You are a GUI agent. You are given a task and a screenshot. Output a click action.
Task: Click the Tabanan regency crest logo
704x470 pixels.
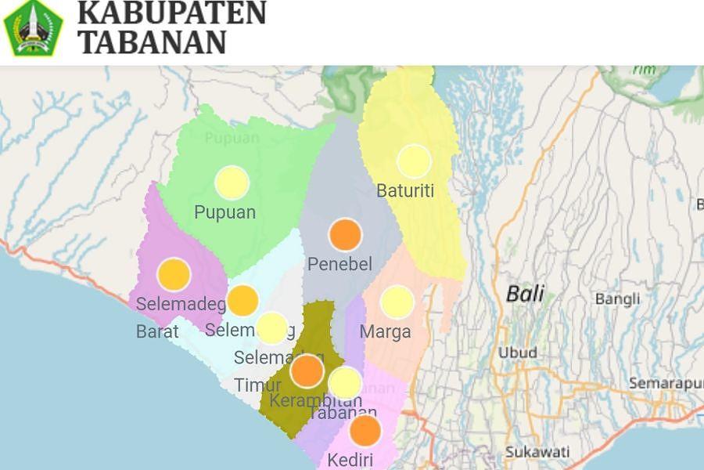(33, 28)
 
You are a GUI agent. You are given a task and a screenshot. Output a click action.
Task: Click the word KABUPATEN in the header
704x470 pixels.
(172, 13)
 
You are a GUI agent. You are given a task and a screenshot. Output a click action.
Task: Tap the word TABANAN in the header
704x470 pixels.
(153, 42)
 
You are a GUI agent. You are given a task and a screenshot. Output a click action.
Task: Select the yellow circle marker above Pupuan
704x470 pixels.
(232, 183)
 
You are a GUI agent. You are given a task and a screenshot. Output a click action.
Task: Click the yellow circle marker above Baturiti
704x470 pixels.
(414, 161)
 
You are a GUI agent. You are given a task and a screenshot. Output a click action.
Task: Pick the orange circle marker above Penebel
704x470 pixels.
(345, 234)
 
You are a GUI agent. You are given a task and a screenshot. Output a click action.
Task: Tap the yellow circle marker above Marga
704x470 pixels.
(397, 302)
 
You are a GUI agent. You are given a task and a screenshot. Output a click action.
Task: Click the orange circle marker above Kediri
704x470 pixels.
(365, 431)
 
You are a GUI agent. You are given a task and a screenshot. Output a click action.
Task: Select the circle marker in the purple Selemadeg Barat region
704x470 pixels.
(174, 275)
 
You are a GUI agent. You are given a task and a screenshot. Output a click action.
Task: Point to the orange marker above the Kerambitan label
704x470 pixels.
(307, 371)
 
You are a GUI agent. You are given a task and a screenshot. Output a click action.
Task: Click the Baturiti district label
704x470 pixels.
(405, 191)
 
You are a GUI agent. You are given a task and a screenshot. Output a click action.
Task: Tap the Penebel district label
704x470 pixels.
(339, 265)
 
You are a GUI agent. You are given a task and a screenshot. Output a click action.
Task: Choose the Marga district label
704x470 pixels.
(385, 332)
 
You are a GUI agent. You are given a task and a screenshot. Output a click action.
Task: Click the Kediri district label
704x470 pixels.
(350, 460)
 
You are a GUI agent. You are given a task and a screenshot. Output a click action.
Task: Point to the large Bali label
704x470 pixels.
(525, 295)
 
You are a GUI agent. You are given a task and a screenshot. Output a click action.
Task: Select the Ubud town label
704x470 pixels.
(518, 352)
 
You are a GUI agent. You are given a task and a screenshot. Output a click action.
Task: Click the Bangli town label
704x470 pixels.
(617, 299)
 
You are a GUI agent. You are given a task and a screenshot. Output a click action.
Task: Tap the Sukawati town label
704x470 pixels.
(537, 452)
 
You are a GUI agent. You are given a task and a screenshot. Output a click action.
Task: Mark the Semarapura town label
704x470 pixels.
(666, 384)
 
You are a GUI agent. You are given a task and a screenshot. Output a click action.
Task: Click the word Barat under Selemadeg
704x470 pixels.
(157, 331)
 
